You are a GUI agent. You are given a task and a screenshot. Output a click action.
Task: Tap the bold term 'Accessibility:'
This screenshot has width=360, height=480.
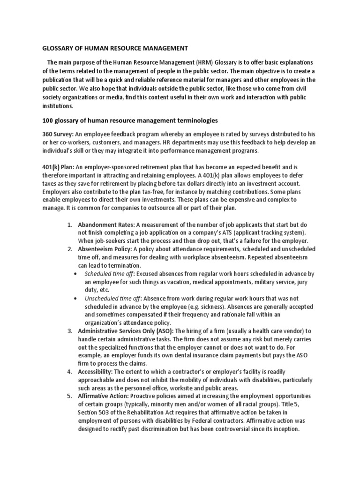[97, 372]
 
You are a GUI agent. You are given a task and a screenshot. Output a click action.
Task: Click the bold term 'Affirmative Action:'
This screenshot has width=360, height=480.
[105, 397]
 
